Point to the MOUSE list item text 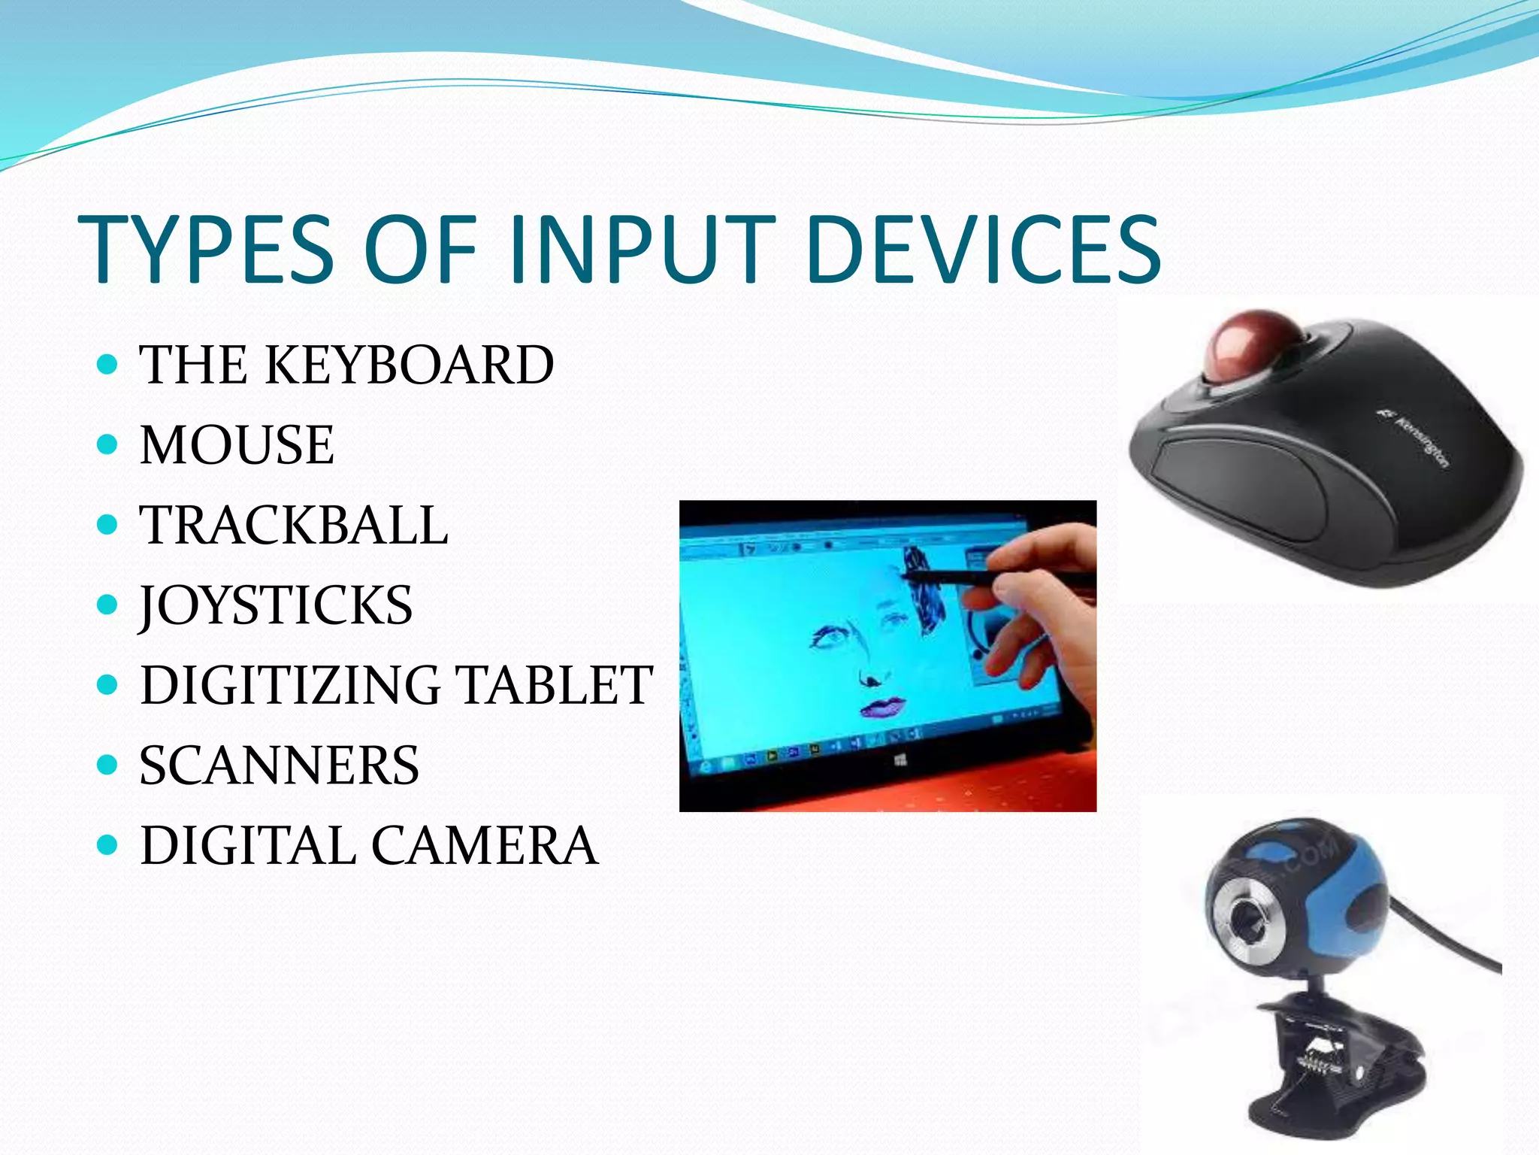tap(237, 445)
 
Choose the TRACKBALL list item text tap(294, 525)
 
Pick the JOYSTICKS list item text tap(276, 605)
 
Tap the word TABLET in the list tap(555, 685)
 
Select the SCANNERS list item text tap(279, 765)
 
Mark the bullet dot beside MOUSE tap(108, 444)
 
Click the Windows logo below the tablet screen tap(901, 762)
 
